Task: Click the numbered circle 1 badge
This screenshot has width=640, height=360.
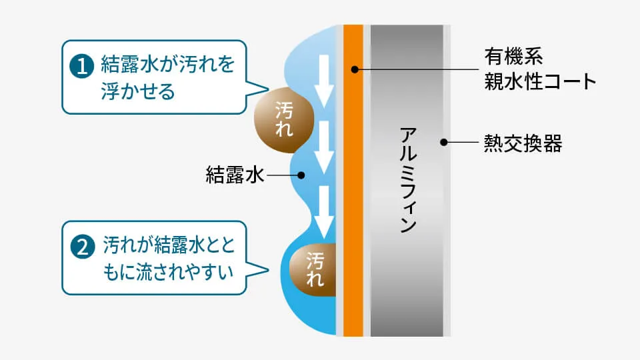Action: pos(81,66)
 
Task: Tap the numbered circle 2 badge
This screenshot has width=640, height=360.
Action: pos(83,247)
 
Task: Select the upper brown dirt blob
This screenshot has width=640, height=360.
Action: pos(284,120)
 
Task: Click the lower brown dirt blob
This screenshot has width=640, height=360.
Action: pos(313,270)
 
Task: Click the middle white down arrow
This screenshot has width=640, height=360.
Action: pos(324,147)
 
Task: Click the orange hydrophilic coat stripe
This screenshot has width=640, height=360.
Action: pos(353,181)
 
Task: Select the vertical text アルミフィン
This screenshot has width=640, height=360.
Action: pos(408,179)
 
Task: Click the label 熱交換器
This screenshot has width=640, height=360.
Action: pos(523,143)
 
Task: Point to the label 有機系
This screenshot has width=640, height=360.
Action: pos(513,56)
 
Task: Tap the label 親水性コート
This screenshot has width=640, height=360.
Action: pos(540,81)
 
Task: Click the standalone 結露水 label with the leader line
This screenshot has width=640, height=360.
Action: pos(235,175)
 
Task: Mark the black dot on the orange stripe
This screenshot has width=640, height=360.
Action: pos(355,70)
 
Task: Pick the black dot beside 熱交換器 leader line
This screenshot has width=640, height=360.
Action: pos(444,142)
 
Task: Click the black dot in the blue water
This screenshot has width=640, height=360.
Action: pos(301,175)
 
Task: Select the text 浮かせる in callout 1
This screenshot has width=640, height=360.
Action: pos(138,91)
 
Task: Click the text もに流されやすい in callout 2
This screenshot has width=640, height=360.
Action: pos(168,272)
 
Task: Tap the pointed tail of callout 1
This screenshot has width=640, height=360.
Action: pos(268,88)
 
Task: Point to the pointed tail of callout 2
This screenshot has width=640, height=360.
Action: pos(267,269)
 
